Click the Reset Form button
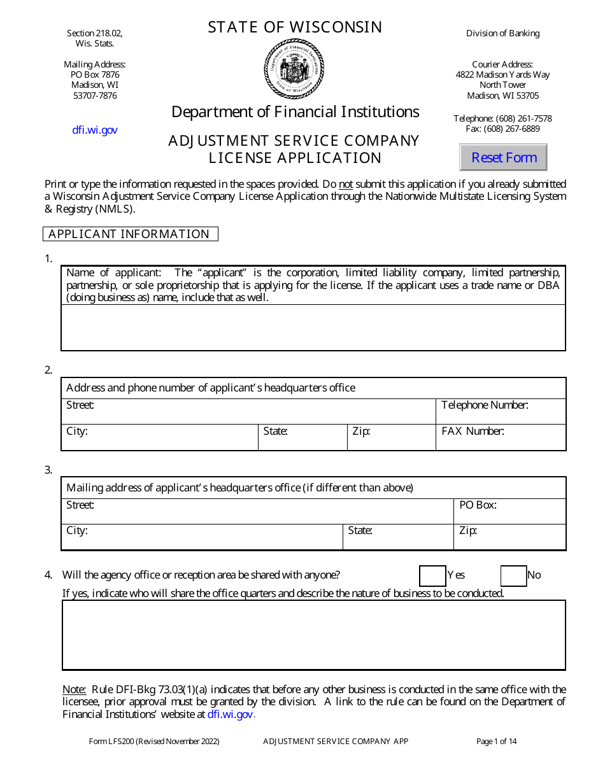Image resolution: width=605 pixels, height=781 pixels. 503,157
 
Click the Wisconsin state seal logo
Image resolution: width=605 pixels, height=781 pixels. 294,68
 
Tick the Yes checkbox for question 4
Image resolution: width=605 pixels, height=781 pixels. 432,575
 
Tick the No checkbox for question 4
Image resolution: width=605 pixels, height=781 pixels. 513,575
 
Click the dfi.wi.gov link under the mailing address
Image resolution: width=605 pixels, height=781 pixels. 94,130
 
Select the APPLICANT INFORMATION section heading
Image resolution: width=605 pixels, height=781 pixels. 129,234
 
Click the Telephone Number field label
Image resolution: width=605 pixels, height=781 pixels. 485,405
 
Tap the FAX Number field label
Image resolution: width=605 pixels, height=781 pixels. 473,431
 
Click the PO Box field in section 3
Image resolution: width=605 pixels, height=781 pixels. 509,511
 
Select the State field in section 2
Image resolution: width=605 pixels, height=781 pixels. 302,437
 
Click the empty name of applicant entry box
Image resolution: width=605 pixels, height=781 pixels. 313,327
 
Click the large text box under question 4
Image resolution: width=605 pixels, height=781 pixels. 313,635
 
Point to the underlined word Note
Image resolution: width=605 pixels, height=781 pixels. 74,689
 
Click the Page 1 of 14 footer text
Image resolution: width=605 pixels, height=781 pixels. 496,741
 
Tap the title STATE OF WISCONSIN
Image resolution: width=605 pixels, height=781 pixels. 295,27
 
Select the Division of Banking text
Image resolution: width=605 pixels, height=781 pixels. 502,33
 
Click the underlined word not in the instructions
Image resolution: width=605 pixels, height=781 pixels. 345,184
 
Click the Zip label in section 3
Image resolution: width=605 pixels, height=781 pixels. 467,530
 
